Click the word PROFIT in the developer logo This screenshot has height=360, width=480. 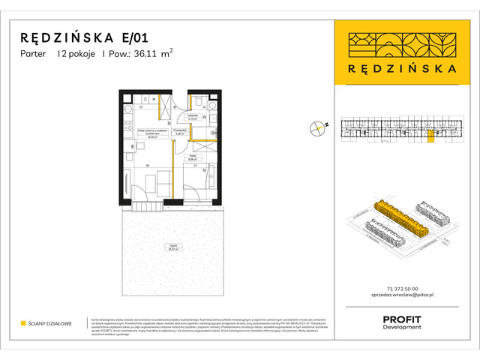[402, 320]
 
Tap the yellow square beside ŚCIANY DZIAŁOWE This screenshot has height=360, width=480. [23, 324]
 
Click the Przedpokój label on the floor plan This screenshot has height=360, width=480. [179, 130]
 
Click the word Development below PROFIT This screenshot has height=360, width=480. [402, 328]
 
